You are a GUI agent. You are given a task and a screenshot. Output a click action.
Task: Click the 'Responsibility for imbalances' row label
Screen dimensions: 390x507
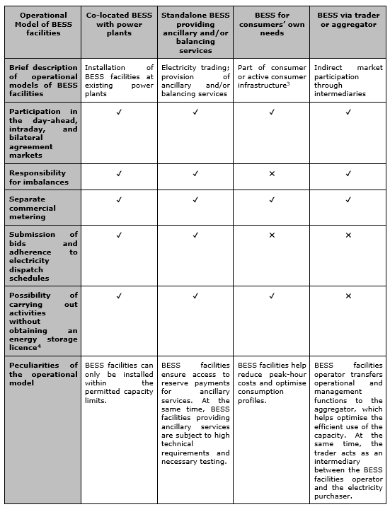click(40, 177)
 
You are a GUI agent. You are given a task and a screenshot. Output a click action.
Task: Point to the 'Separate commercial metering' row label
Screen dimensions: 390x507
click(40, 209)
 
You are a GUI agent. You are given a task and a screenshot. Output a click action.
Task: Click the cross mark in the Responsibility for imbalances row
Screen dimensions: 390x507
click(272, 173)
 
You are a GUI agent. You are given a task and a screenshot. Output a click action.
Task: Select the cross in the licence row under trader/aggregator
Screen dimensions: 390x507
click(348, 296)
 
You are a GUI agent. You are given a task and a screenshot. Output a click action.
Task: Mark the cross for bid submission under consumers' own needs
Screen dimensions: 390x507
click(272, 235)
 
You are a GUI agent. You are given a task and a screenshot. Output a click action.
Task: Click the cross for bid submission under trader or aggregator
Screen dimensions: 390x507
click(348, 235)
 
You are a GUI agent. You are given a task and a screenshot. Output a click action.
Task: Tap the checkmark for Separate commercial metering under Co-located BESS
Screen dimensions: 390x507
click(119, 200)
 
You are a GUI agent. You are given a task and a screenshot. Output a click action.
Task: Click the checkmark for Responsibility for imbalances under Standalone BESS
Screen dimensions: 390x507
click(195, 173)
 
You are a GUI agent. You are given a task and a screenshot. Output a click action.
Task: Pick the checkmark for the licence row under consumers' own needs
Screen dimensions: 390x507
click(272, 296)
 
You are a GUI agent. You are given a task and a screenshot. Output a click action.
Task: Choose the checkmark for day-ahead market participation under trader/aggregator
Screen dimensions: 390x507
click(348, 112)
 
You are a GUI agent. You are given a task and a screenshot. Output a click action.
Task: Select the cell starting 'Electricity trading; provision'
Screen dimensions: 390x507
click(195, 81)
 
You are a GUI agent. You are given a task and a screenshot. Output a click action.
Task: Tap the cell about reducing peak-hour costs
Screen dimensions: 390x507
click(272, 383)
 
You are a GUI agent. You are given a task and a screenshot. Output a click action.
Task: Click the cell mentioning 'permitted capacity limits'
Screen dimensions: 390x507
click(119, 383)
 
